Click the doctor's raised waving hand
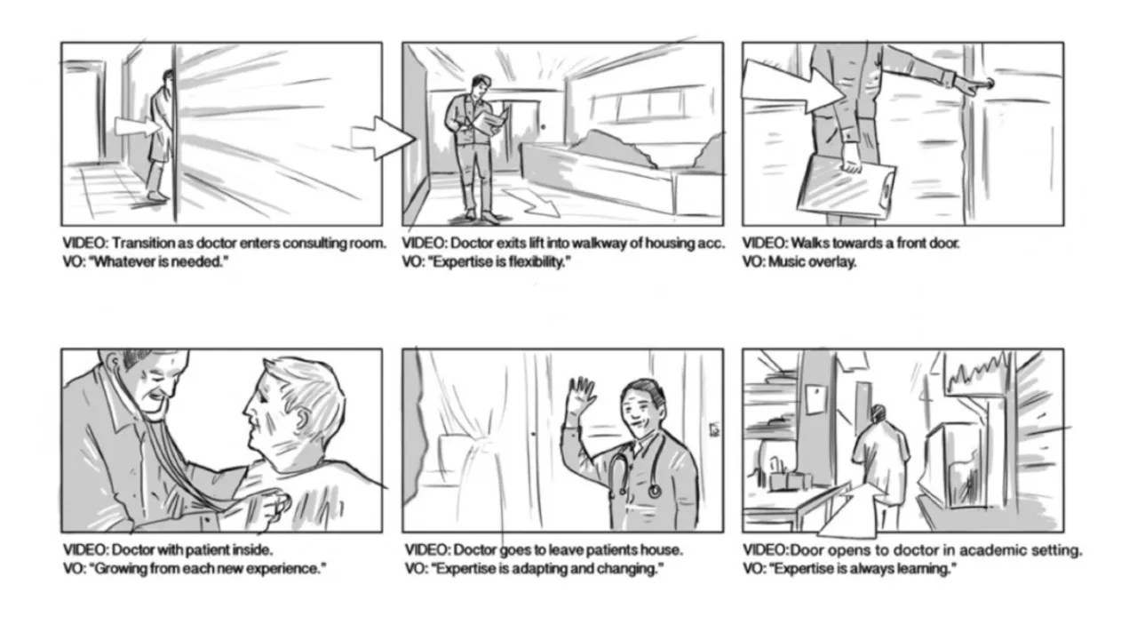click(581, 395)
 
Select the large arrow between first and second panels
click(382, 138)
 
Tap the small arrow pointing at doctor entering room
click(136, 128)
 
